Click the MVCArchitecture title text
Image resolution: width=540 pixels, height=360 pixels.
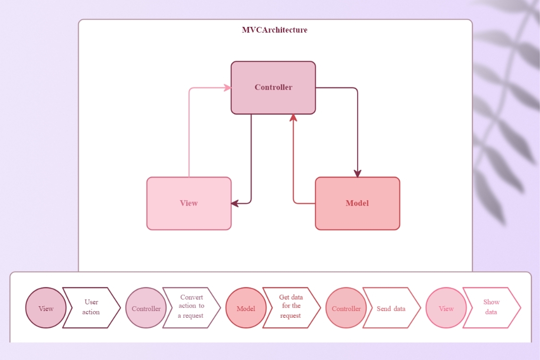pyautogui.click(x=275, y=30)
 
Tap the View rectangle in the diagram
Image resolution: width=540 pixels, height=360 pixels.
pyautogui.click(x=189, y=216)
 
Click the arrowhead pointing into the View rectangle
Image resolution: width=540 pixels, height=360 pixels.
pyautogui.click(x=235, y=204)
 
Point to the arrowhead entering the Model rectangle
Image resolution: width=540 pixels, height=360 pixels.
pyautogui.click(x=357, y=174)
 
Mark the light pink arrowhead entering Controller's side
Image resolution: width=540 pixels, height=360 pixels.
pyautogui.click(x=228, y=88)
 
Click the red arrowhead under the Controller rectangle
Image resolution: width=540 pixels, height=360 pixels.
pyautogui.click(x=293, y=118)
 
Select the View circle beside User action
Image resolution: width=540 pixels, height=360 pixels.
pyautogui.click(x=46, y=308)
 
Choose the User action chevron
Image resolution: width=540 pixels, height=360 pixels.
pyautogui.click(x=91, y=308)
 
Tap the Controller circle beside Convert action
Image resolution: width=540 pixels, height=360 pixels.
pyautogui.click(x=146, y=308)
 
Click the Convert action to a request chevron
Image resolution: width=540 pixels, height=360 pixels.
pyautogui.click(x=191, y=308)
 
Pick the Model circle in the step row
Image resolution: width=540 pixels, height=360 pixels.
pyautogui.click(x=246, y=308)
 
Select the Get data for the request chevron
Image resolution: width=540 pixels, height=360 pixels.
pyautogui.click(x=291, y=308)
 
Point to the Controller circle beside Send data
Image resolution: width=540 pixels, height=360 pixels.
pyautogui.click(x=346, y=308)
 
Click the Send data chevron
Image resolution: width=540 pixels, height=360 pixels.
pyautogui.click(x=391, y=308)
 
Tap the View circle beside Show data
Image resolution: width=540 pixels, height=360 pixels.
pyautogui.click(x=446, y=308)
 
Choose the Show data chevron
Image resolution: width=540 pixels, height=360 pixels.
pyautogui.click(x=491, y=308)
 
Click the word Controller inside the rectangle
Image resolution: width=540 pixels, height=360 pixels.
pyautogui.click(x=273, y=87)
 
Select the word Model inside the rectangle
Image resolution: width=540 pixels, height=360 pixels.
pyautogui.click(x=357, y=203)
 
